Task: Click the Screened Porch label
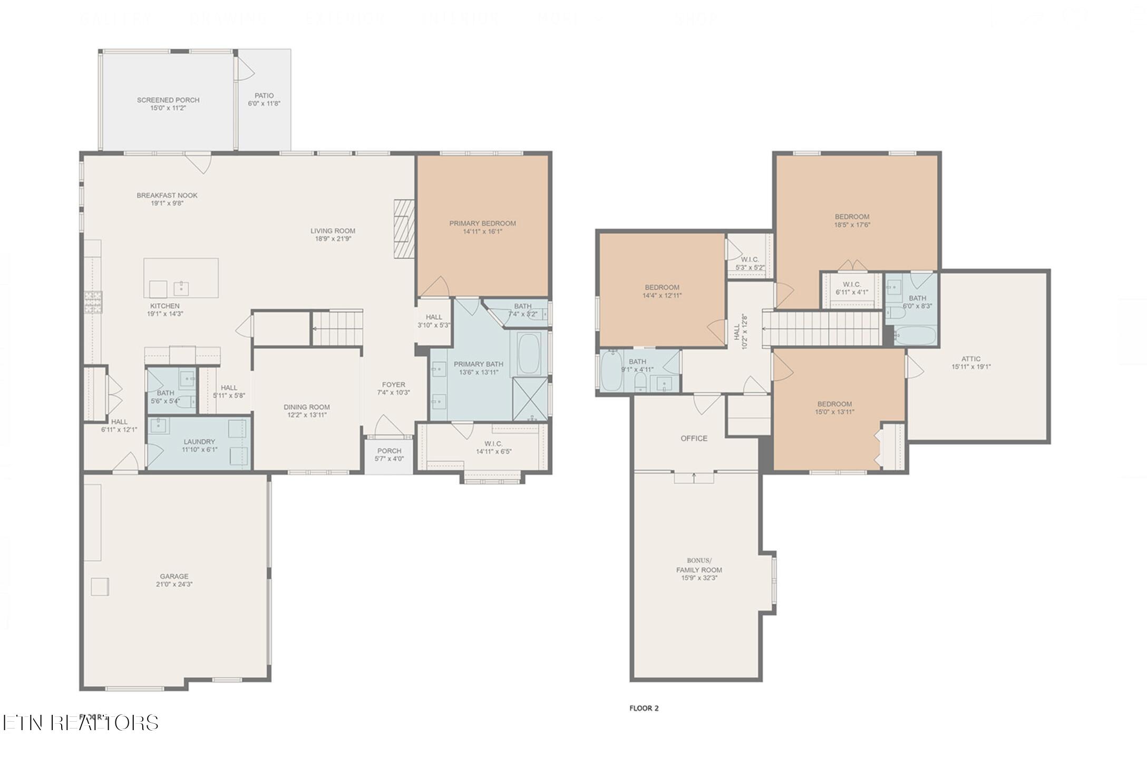point(168,100)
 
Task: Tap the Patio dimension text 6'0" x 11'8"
point(264,104)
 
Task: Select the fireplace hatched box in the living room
point(404,229)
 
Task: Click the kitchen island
point(181,278)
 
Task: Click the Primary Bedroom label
point(482,224)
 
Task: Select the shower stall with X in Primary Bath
point(530,400)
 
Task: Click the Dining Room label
point(307,407)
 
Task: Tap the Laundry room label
point(199,442)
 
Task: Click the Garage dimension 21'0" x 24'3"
point(174,584)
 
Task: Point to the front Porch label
point(389,451)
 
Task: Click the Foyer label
point(393,385)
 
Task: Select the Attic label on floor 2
point(971,359)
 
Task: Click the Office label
point(694,439)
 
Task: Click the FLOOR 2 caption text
point(644,709)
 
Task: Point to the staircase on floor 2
point(822,328)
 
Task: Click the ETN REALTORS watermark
point(80,723)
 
